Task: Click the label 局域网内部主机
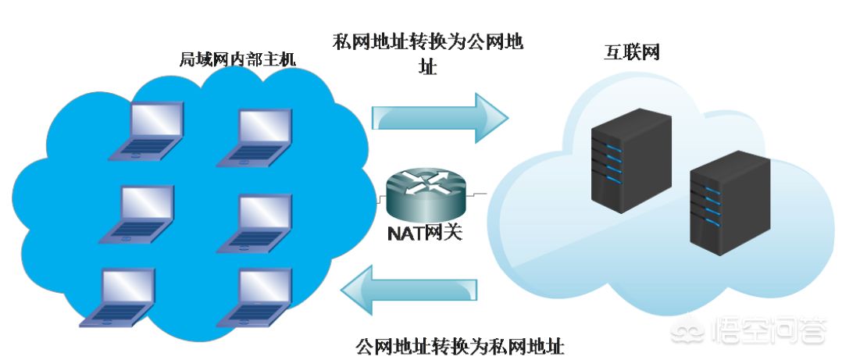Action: coord(237,59)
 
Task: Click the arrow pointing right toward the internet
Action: coord(440,118)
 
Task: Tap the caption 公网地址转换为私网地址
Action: coord(460,347)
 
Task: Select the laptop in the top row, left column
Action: coord(146,130)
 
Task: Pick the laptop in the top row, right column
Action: coord(255,137)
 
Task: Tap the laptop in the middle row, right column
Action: coord(255,223)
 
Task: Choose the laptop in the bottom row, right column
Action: coord(255,298)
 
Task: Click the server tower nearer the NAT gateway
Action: coord(631,160)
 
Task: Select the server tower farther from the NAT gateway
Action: coord(730,202)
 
